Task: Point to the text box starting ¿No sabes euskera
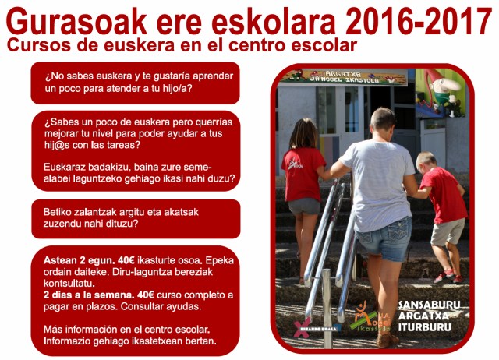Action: [135, 83]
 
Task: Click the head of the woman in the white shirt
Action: [383, 121]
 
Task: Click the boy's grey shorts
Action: [446, 231]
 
